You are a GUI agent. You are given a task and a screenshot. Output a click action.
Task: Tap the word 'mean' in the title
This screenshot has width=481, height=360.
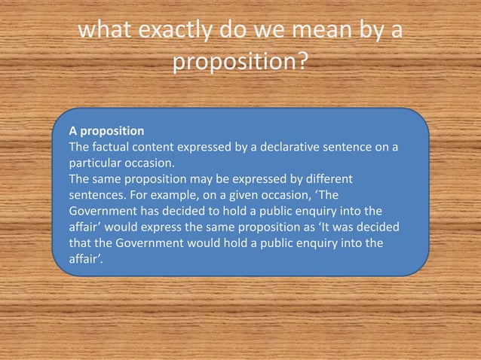(x=316, y=32)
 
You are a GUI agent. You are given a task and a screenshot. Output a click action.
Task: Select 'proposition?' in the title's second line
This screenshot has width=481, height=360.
(x=240, y=62)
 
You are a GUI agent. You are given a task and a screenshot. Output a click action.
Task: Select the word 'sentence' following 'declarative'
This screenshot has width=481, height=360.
(x=348, y=146)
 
